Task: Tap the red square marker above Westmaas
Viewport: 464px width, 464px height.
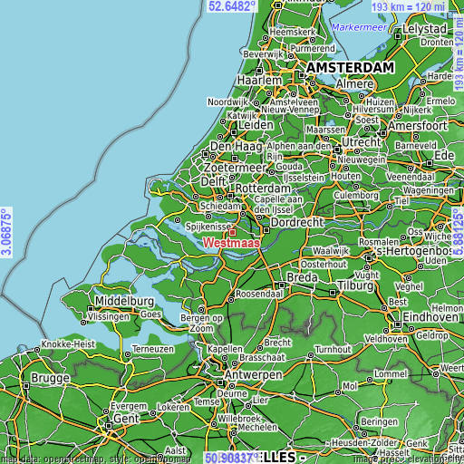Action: [231, 233]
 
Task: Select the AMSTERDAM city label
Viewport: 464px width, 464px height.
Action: [350, 68]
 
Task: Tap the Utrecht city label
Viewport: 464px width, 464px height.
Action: [360, 143]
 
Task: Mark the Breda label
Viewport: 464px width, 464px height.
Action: [301, 276]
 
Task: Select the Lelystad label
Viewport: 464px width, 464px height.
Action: [426, 29]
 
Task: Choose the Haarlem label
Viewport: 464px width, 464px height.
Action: [259, 80]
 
